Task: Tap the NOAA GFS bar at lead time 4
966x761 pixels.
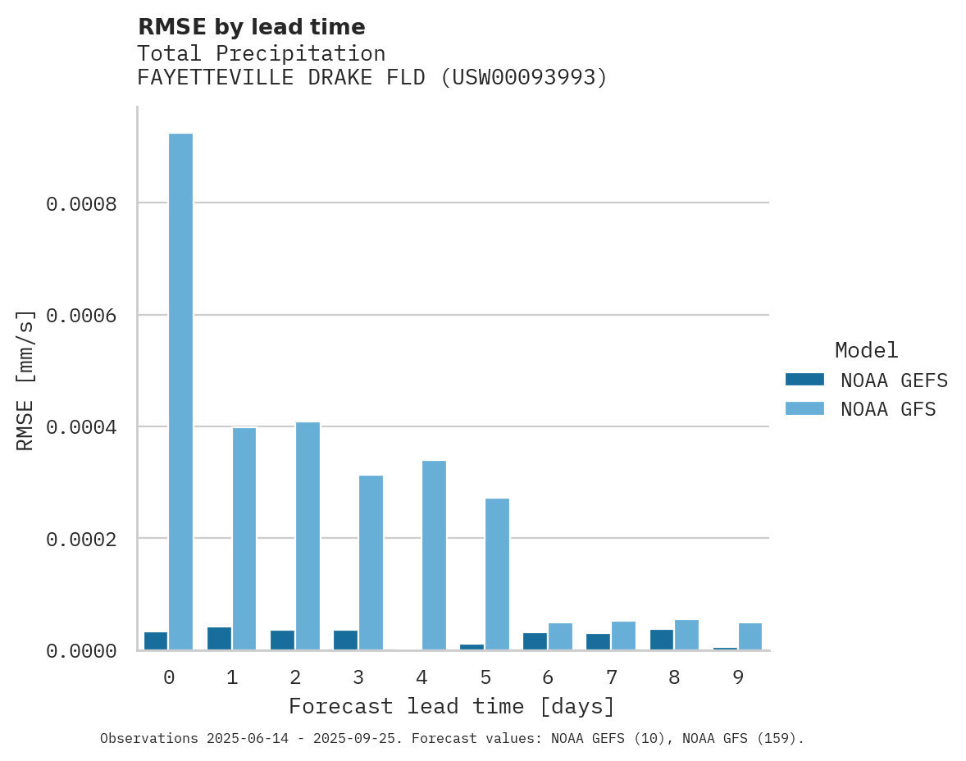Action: tap(434, 555)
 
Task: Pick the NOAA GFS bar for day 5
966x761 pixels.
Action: tap(497, 574)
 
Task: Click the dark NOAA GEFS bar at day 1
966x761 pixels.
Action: tap(219, 639)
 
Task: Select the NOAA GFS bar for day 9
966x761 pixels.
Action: tap(750, 637)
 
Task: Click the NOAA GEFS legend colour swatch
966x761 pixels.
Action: tap(804, 380)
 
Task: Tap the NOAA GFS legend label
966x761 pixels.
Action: tap(888, 409)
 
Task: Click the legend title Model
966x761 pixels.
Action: tap(866, 351)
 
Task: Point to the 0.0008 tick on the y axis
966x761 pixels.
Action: tap(80, 204)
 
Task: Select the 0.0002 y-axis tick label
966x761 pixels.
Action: tap(80, 540)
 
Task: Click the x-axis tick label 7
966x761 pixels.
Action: tap(611, 678)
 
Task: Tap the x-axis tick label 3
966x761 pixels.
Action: tap(358, 678)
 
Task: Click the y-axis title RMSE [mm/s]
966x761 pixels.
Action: tap(25, 380)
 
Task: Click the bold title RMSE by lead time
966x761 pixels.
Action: tap(251, 28)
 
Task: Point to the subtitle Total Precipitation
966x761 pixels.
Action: tap(261, 54)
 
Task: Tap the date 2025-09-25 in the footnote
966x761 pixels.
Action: tap(362, 739)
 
